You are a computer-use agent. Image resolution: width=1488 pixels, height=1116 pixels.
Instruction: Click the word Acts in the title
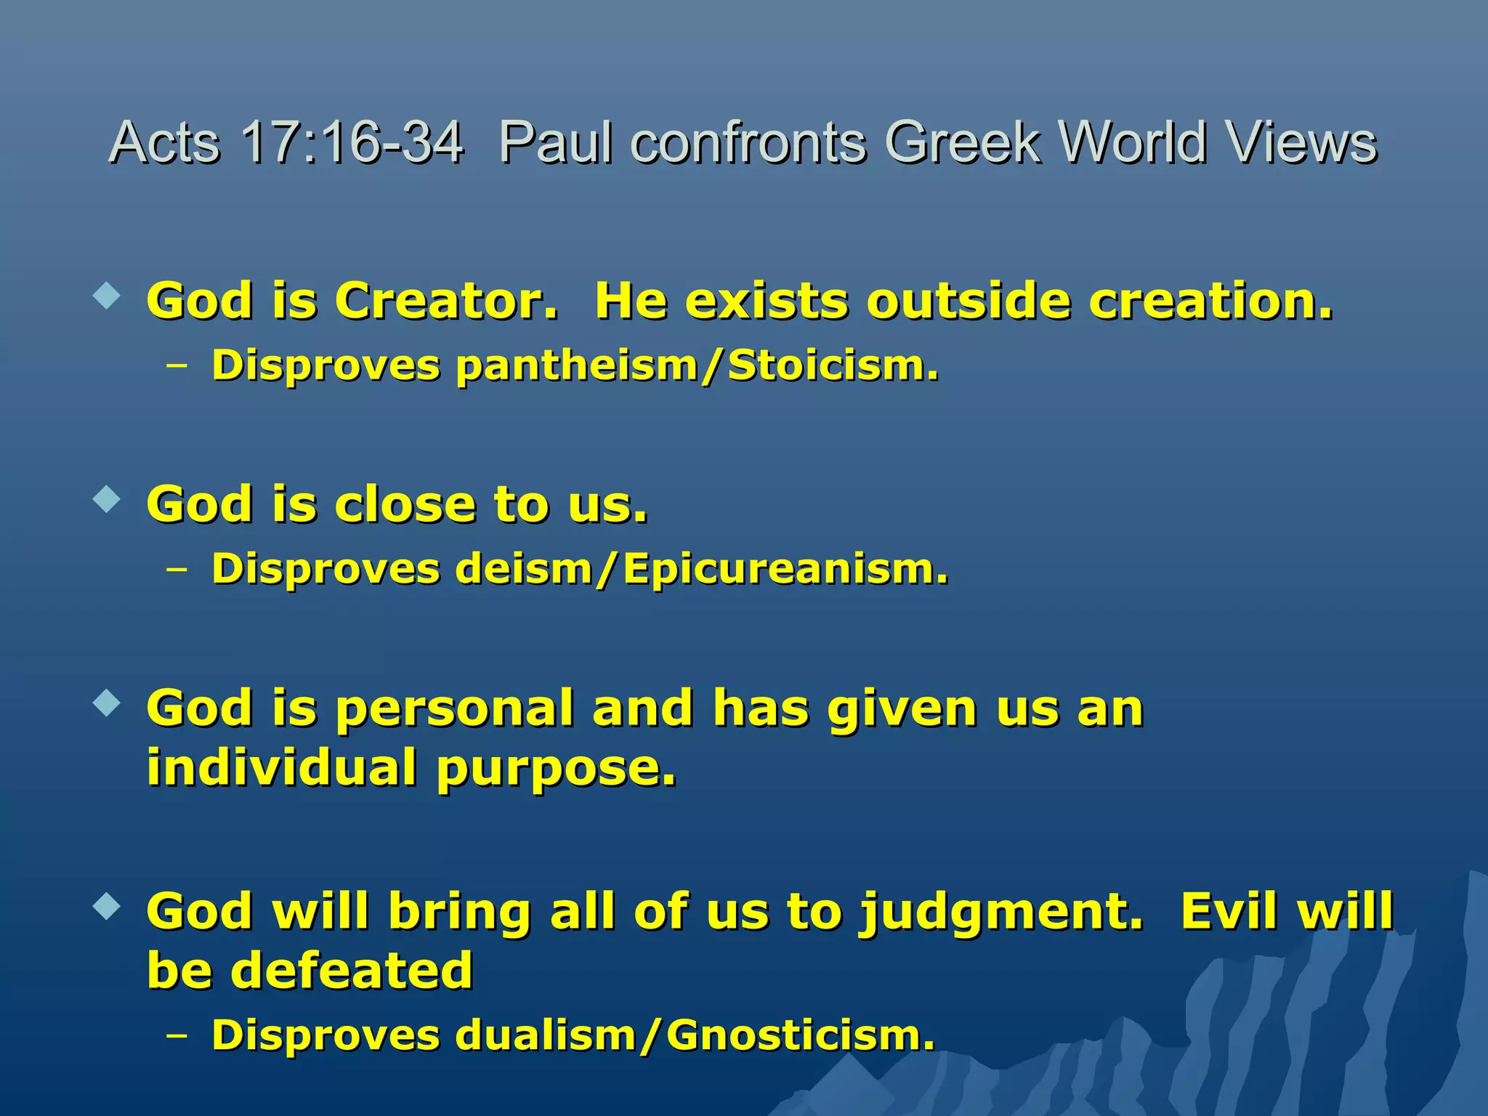click(164, 142)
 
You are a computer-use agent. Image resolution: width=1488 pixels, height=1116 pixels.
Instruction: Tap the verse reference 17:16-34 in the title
click(352, 142)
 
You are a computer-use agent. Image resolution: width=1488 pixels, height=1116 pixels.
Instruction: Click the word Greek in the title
click(963, 142)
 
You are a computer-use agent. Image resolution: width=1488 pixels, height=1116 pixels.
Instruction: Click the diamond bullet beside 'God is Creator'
click(107, 296)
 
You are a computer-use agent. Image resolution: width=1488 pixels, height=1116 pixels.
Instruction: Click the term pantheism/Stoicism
click(697, 365)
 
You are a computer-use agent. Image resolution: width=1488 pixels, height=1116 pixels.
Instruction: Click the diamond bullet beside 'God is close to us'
click(107, 499)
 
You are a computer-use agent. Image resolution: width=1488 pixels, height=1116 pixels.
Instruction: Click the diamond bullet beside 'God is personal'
click(107, 703)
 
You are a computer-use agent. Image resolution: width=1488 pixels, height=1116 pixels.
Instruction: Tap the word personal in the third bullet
click(455, 709)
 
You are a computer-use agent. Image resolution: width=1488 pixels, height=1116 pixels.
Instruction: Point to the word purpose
click(556, 768)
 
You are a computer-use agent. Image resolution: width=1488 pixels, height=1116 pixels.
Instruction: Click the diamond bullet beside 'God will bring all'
click(107, 906)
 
